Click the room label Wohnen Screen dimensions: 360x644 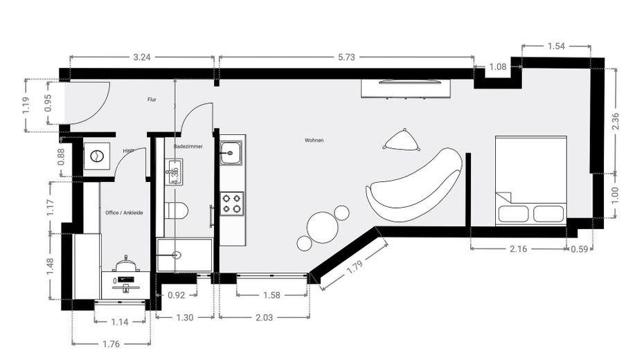click(314, 140)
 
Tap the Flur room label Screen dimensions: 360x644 click(152, 100)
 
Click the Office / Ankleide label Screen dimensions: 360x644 click(124, 213)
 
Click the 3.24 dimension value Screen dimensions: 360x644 click(141, 57)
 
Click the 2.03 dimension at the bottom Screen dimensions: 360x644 click(263, 318)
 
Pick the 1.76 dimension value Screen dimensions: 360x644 click(111, 344)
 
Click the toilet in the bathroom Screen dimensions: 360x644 click(177, 210)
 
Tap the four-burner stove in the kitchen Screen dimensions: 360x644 click(232, 203)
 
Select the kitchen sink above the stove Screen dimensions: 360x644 click(231, 152)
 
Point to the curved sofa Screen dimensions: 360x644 click(414, 186)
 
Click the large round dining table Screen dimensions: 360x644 click(322, 225)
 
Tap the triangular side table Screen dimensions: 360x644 click(402, 141)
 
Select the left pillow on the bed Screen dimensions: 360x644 click(513, 213)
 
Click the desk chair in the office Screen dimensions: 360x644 click(127, 265)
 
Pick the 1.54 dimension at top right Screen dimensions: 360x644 click(556, 46)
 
